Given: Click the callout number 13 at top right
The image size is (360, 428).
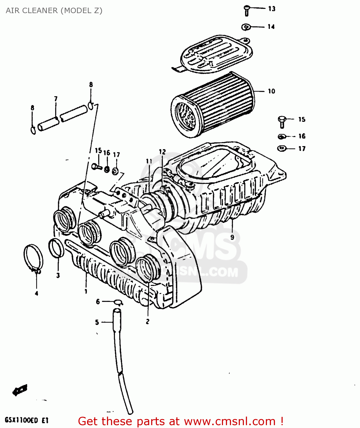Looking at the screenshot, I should (272, 9).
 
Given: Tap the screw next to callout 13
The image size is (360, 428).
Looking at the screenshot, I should (247, 11).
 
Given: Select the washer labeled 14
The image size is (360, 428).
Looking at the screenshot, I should (246, 27).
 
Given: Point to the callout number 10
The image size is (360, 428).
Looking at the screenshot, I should (271, 91).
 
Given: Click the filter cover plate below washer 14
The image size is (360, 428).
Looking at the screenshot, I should (217, 54).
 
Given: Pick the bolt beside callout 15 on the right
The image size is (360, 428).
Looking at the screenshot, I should (282, 122).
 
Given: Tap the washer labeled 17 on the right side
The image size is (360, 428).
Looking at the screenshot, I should (282, 148).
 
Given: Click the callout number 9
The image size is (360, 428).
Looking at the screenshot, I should (232, 237).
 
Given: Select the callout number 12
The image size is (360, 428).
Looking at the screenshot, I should (162, 152).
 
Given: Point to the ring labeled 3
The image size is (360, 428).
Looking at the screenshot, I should (56, 248).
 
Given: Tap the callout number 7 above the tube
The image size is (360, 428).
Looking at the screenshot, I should (56, 99).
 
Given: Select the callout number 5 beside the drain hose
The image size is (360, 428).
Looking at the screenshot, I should (97, 322).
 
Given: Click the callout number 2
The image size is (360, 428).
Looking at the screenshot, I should (147, 322).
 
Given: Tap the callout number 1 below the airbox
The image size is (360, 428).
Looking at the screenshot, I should (86, 291).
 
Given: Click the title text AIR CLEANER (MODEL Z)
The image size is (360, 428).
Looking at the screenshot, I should (54, 11).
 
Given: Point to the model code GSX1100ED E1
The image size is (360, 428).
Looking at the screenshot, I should (27, 420).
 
